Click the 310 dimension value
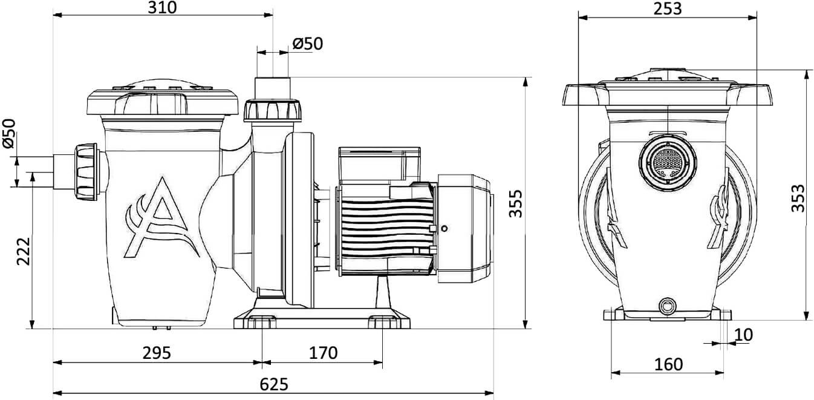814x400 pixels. click(162, 8)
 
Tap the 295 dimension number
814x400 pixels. click(156, 353)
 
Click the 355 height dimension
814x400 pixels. click(515, 203)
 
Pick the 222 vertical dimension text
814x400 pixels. click(23, 249)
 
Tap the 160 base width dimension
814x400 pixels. click(668, 364)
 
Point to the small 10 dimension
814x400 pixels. click(744, 334)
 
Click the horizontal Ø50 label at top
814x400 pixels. click(307, 44)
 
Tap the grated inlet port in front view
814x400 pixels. click(668, 162)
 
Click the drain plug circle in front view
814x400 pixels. click(668, 304)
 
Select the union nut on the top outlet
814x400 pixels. click(272, 111)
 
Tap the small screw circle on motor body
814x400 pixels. click(444, 228)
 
